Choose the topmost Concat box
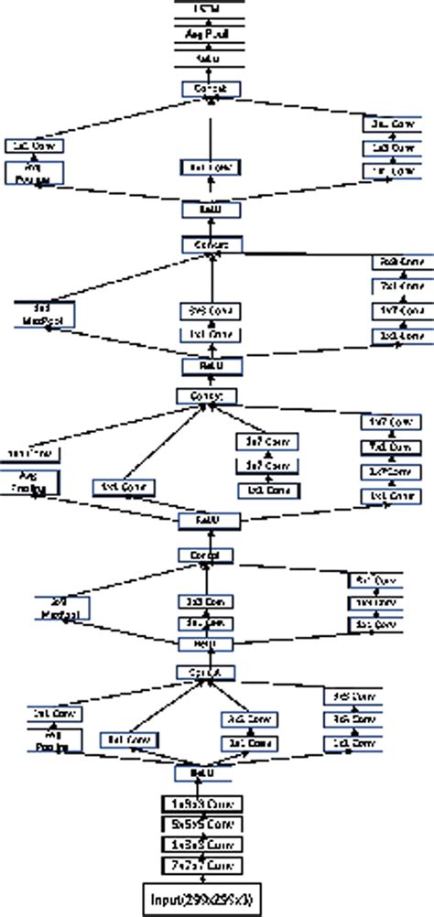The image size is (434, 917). pyautogui.click(x=212, y=89)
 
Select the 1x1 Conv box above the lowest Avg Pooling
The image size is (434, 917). pyautogui.click(x=44, y=713)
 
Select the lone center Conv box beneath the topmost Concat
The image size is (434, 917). pyautogui.click(x=212, y=167)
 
